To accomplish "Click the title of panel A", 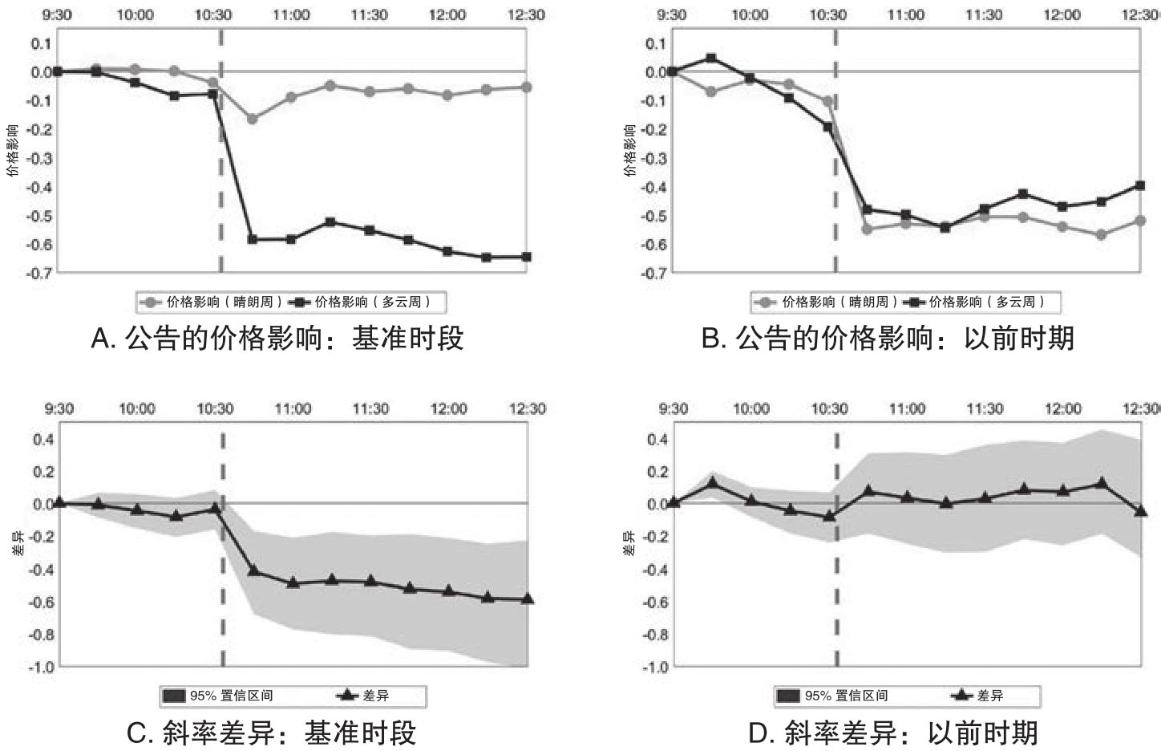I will click(x=277, y=339).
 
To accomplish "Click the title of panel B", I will click(x=888, y=339).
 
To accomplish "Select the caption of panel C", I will click(x=272, y=733).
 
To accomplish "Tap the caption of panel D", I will click(x=892, y=733).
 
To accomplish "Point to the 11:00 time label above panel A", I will click(x=291, y=15).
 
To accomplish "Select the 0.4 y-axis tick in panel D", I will click(x=657, y=440).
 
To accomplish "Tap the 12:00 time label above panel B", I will click(x=1062, y=15).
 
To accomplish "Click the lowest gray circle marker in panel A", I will click(x=252, y=119).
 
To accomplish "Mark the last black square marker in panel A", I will click(x=527, y=257).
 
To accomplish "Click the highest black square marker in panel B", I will click(x=711, y=58).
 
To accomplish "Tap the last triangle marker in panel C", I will click(x=527, y=599).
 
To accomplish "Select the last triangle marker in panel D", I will click(x=1141, y=510).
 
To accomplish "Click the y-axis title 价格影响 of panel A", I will click(x=12, y=150).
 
